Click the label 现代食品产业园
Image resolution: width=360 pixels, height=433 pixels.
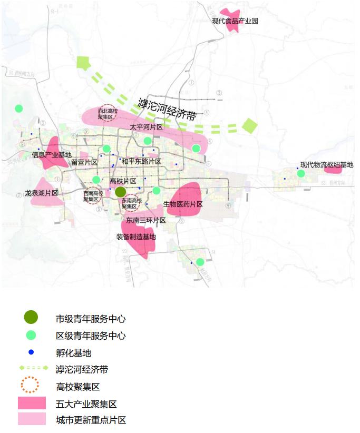point(235,21)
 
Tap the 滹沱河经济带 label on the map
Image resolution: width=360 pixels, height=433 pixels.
point(167,109)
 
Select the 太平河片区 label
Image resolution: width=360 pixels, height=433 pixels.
point(146,127)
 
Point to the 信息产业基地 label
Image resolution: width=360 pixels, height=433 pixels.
point(51,155)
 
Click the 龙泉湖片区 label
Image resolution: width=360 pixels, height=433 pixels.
point(41,193)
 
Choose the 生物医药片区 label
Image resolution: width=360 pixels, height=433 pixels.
point(183,204)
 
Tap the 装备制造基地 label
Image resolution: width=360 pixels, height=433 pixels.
point(136,237)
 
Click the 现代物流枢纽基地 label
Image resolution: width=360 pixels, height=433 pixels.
point(327,165)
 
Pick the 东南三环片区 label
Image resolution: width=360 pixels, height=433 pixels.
point(146,220)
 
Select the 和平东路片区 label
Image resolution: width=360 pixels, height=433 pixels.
point(141,162)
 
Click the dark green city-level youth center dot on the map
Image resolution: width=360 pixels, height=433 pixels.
point(121,192)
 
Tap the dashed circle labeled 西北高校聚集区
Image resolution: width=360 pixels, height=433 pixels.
point(109,112)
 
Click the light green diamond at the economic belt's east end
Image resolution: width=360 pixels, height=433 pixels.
point(249,126)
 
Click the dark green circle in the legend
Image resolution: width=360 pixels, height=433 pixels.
point(31,317)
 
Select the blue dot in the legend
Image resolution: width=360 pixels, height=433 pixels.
point(31,352)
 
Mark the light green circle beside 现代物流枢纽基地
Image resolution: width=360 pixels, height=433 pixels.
point(301,173)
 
